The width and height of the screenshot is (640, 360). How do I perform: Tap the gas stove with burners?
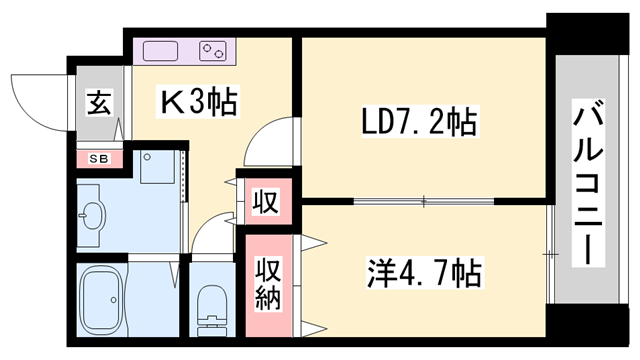click(x=213, y=50)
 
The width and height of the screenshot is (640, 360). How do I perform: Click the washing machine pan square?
click(x=156, y=166)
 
